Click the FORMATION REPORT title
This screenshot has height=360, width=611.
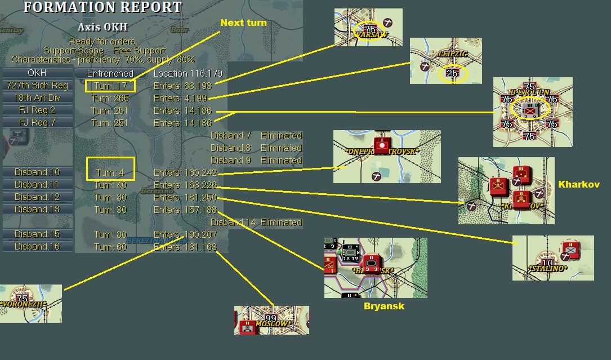(103, 8)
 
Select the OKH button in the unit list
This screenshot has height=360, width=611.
(37, 73)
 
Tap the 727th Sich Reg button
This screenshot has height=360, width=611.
(37, 86)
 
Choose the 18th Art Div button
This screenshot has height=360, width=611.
(37, 98)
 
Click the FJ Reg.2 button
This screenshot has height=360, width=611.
(37, 110)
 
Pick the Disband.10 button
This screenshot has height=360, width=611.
(37, 172)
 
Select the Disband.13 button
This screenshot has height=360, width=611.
(37, 210)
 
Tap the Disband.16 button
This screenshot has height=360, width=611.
(37, 247)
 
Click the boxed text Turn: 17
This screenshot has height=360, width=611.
(110, 86)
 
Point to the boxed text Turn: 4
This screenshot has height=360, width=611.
(110, 172)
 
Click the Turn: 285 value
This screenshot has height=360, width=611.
(110, 98)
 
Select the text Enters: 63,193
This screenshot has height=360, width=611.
(182, 86)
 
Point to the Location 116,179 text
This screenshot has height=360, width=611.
(188, 73)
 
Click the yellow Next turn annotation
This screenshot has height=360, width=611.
(243, 23)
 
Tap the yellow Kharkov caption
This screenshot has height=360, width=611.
(579, 185)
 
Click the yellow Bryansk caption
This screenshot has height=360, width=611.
(384, 306)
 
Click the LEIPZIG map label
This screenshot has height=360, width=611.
(452, 54)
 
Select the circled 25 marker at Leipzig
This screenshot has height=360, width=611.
(453, 73)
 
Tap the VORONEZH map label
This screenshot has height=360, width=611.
(24, 304)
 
